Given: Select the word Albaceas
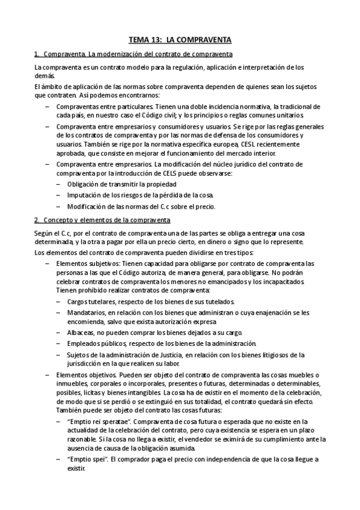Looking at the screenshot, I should [x=82, y=333].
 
